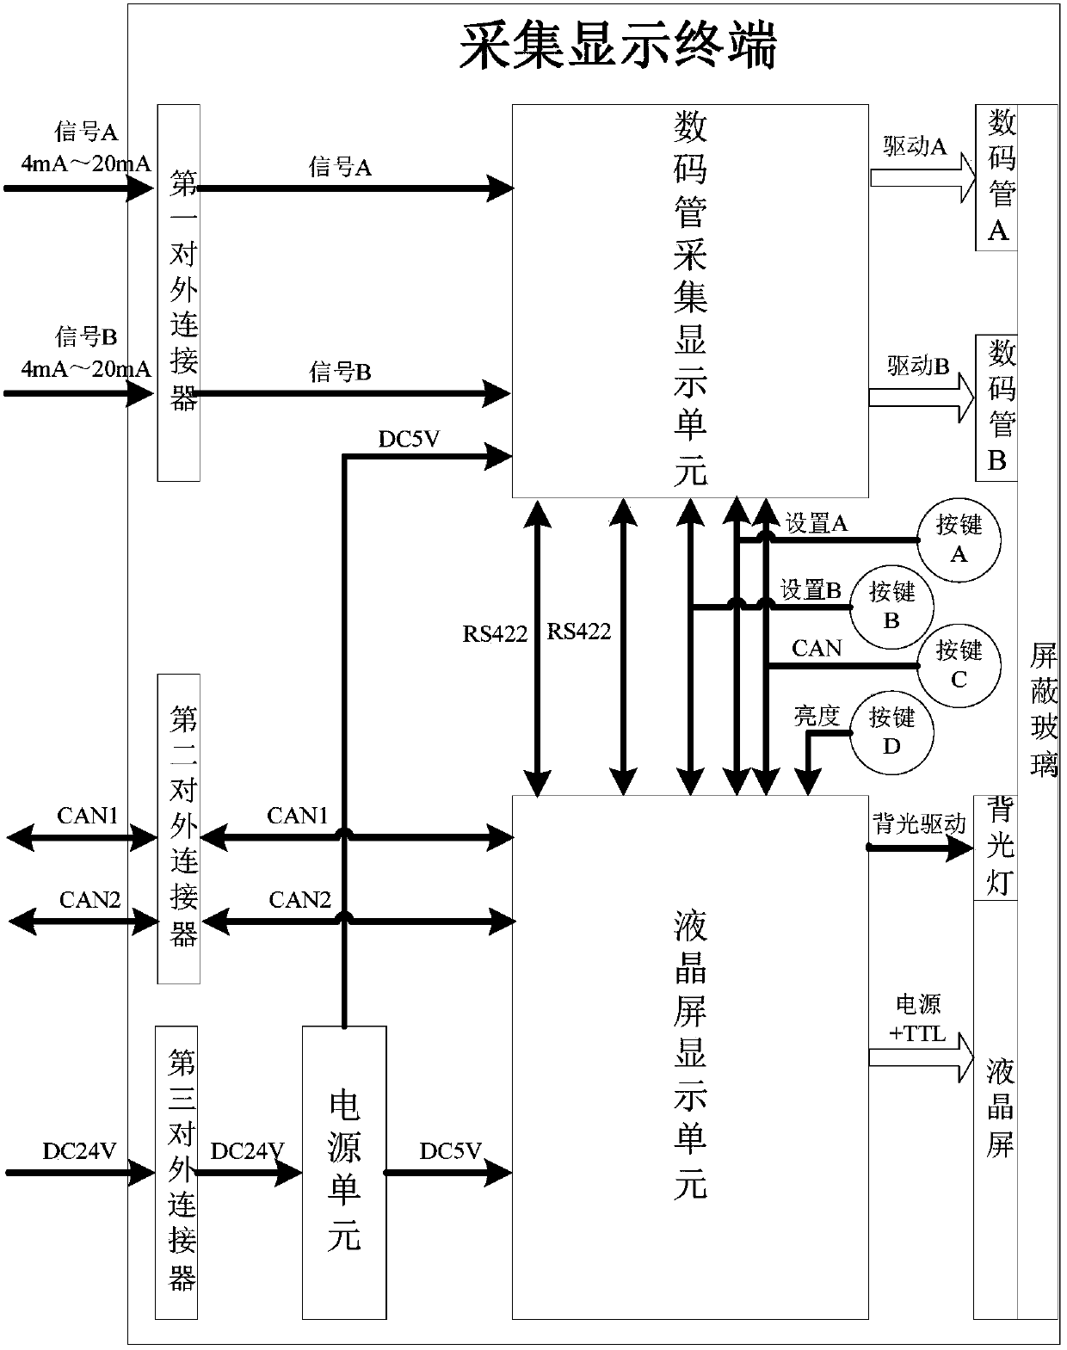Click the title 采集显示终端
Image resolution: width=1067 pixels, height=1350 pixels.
pyautogui.click(x=618, y=45)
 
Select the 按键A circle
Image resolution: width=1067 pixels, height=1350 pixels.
pyautogui.click(x=958, y=539)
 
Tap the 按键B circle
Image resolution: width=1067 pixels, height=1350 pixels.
pyautogui.click(x=891, y=607)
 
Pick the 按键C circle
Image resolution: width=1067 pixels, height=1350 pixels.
pyautogui.click(x=958, y=664)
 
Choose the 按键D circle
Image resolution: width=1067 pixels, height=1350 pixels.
pyautogui.click(x=891, y=730)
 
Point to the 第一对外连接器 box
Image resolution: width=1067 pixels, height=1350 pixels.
pyautogui.click(x=179, y=293)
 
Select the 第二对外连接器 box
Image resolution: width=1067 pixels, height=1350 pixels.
pyautogui.click(x=179, y=828)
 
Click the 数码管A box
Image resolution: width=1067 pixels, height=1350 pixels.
pyautogui.click(x=996, y=177)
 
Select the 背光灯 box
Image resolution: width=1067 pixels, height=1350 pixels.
pyautogui.click(x=996, y=848)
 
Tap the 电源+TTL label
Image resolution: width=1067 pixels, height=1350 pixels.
pyautogui.click(x=918, y=1019)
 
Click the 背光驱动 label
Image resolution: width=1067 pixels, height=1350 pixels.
pyautogui.click(x=919, y=824)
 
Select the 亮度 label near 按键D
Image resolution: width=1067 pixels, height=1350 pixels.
pyautogui.click(x=817, y=716)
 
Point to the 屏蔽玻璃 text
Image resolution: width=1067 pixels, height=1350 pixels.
pyautogui.click(x=1044, y=711)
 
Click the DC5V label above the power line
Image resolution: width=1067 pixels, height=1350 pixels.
pyautogui.click(x=409, y=439)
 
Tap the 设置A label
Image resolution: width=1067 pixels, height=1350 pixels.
pyautogui.click(x=816, y=523)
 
